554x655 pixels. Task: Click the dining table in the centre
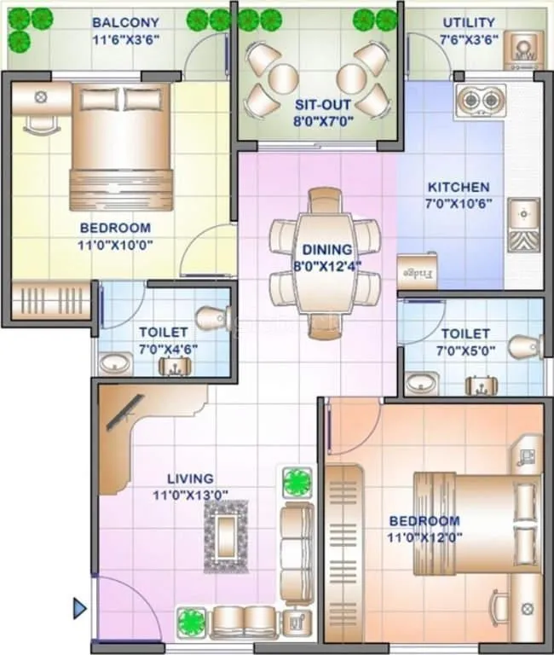pos(325,264)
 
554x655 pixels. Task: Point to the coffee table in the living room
pos(226,536)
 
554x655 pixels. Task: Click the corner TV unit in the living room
pos(119,418)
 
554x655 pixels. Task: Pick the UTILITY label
pos(468,22)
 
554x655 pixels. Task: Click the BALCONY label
pos(125,22)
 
